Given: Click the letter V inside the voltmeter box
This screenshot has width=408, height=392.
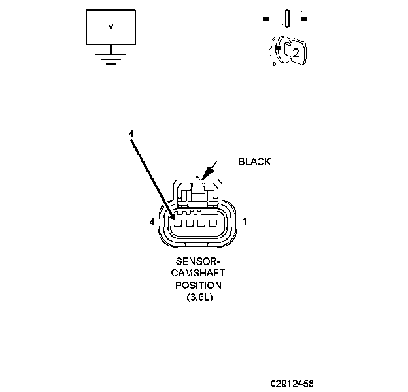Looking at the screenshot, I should (110, 27).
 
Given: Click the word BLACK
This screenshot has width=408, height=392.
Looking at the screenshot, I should (254, 161).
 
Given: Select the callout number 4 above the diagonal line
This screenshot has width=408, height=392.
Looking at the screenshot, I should (131, 133).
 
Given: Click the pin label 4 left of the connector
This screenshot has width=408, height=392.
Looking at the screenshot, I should (152, 222).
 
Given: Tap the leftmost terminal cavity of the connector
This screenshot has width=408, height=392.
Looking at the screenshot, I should (177, 223).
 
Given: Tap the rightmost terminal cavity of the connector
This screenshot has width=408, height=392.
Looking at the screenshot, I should (212, 223).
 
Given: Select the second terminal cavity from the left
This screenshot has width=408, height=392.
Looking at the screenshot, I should (188, 223).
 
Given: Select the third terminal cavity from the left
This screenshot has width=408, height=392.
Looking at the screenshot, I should (200, 223).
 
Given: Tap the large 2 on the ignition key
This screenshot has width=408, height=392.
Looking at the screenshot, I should (296, 54).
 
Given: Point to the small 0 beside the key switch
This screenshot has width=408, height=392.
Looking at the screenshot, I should (275, 64).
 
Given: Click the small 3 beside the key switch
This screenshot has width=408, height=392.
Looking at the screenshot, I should (273, 39).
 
